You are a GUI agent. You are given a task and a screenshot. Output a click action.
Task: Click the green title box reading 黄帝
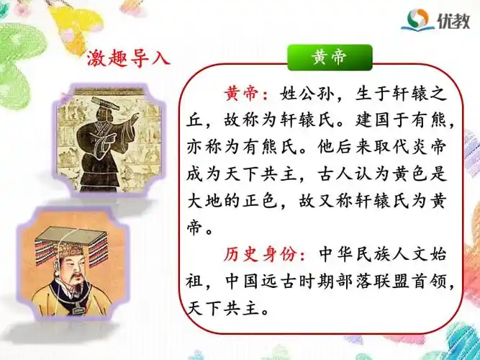(x=330, y=58)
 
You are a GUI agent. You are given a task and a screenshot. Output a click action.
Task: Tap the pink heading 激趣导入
(x=127, y=57)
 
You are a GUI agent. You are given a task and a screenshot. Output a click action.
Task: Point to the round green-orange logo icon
(x=417, y=20)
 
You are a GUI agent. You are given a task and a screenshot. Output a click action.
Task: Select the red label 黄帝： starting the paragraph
(x=247, y=94)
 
